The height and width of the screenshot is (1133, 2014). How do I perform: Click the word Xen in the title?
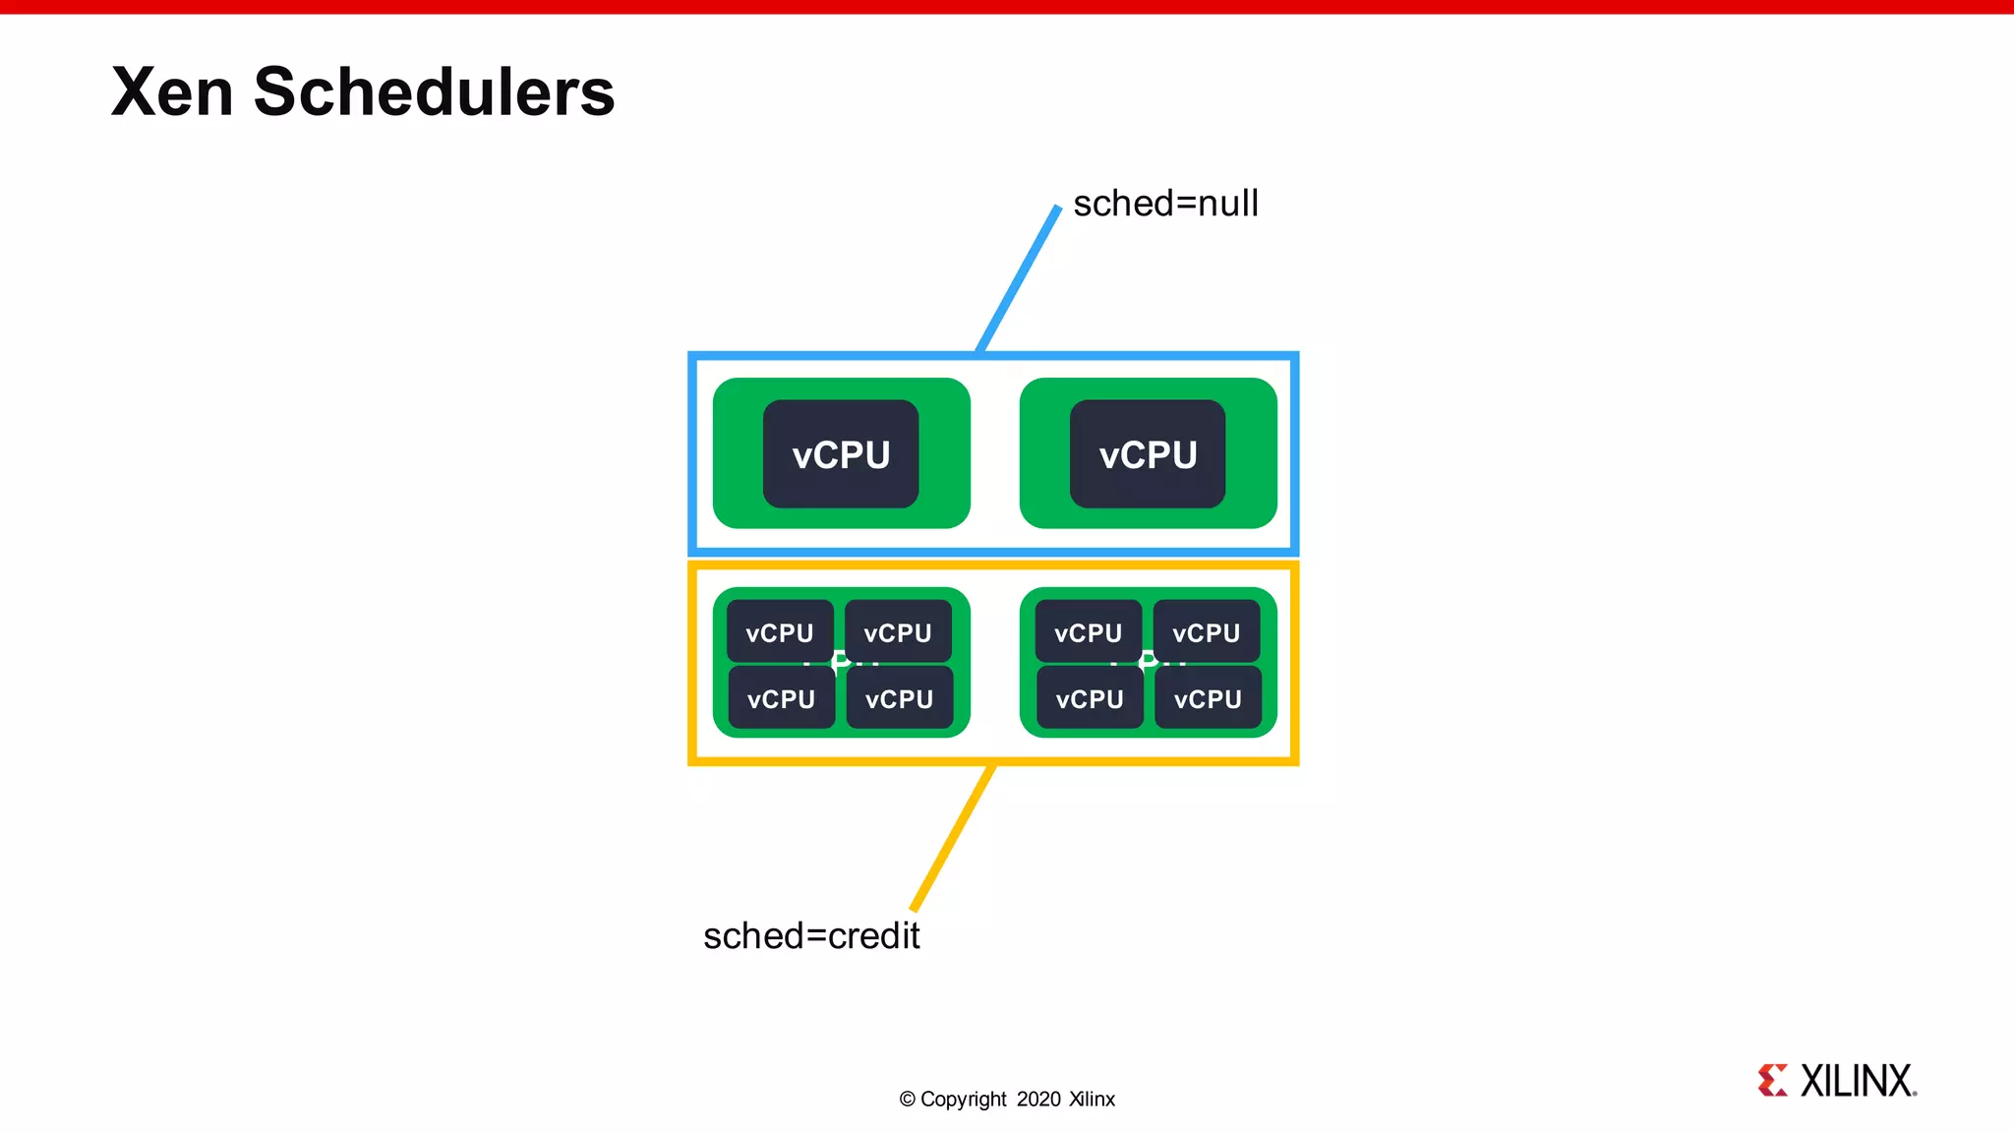172,92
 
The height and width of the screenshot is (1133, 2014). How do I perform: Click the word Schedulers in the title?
434,92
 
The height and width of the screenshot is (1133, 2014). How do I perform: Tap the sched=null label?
1165,204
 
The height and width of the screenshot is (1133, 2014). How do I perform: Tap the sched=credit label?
811,935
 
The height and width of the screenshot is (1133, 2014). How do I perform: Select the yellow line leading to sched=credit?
953,838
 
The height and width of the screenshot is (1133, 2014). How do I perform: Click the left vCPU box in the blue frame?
841,454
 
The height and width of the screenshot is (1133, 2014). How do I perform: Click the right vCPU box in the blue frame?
1148,454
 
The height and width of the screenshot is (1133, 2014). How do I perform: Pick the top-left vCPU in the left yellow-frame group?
780,632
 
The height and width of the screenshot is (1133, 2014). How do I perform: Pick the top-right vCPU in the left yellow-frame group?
898,632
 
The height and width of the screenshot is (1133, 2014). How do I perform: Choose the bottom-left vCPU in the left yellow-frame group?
781,699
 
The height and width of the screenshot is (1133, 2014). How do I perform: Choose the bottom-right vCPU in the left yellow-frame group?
899,699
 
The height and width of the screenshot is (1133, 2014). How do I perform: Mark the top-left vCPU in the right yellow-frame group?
1088,632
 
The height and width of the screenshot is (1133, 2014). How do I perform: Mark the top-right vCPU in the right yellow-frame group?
1207,632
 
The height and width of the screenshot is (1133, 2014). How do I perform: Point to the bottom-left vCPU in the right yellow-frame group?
1090,699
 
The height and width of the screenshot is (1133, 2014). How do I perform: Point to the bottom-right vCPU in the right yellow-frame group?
1208,699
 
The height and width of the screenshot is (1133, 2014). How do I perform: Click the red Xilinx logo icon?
1773,1080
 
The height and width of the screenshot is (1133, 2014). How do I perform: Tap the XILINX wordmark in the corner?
1858,1081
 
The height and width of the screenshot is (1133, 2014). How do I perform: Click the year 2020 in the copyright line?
1038,1100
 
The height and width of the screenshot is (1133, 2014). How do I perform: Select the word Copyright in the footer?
963,1100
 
